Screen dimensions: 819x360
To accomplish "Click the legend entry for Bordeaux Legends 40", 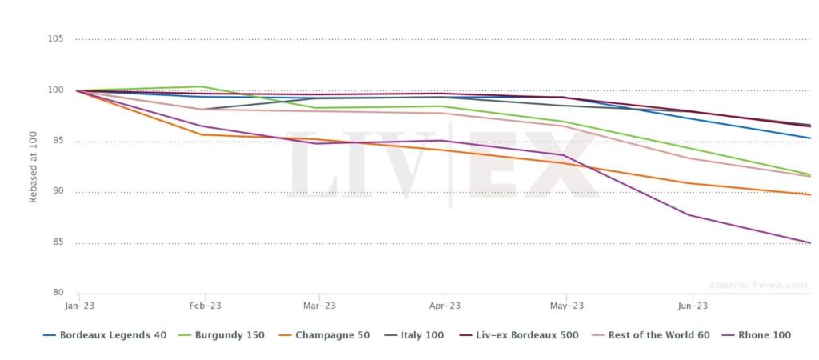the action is (x=105, y=335).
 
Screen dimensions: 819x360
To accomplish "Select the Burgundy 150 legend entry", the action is (x=222, y=335).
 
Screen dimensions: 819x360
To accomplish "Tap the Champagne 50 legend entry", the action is (x=325, y=335).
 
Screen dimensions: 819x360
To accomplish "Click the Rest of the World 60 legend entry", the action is (x=651, y=335).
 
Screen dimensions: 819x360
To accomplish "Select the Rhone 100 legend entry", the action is (x=757, y=335).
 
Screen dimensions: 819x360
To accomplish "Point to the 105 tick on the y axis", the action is (x=55, y=38).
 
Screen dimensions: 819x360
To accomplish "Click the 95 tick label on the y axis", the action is (x=57, y=141).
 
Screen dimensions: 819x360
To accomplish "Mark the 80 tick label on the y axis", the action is (x=57, y=293).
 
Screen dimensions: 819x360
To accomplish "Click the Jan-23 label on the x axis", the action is (x=80, y=306).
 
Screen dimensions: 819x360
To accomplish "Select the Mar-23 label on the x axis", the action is (x=319, y=306).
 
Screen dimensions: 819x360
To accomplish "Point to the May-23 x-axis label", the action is (x=567, y=306).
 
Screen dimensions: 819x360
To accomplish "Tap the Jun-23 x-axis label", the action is (x=693, y=306).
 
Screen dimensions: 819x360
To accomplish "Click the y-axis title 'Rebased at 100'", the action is (x=33, y=167).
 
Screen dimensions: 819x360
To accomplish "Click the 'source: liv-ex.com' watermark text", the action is (x=758, y=286).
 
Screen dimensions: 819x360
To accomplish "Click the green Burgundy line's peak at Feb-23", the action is (x=201, y=86).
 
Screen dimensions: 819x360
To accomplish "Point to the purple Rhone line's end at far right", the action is (x=810, y=243).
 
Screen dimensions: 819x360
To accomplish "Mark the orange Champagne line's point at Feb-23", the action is (x=202, y=135).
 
